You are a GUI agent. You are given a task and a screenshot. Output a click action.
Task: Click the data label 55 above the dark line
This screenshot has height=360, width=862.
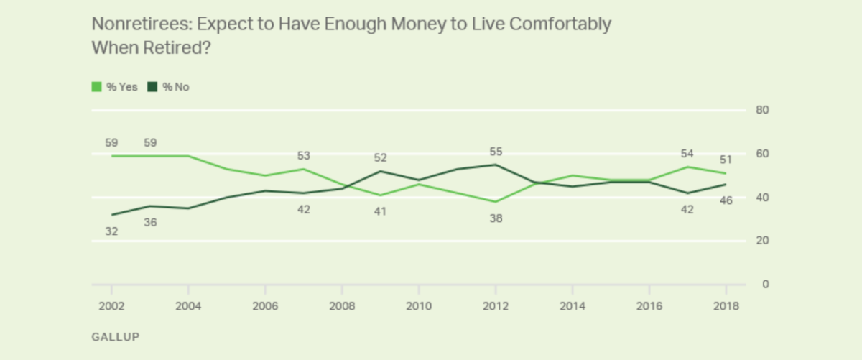pos(496,152)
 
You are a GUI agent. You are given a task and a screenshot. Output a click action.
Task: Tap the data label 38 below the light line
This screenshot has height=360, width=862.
pos(496,218)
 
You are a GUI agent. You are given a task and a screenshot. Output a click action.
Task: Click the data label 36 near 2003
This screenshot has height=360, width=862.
pos(150,223)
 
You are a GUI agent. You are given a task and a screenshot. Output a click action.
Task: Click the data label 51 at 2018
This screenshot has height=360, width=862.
pos(726,160)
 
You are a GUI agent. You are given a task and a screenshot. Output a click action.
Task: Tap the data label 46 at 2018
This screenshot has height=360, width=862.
pos(726,200)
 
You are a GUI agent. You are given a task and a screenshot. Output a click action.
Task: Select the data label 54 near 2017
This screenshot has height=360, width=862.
pos(687,154)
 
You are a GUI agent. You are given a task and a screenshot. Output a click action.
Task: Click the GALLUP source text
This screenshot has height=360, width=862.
pos(115,336)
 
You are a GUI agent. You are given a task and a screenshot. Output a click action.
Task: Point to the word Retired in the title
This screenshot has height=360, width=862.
pos(169,47)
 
